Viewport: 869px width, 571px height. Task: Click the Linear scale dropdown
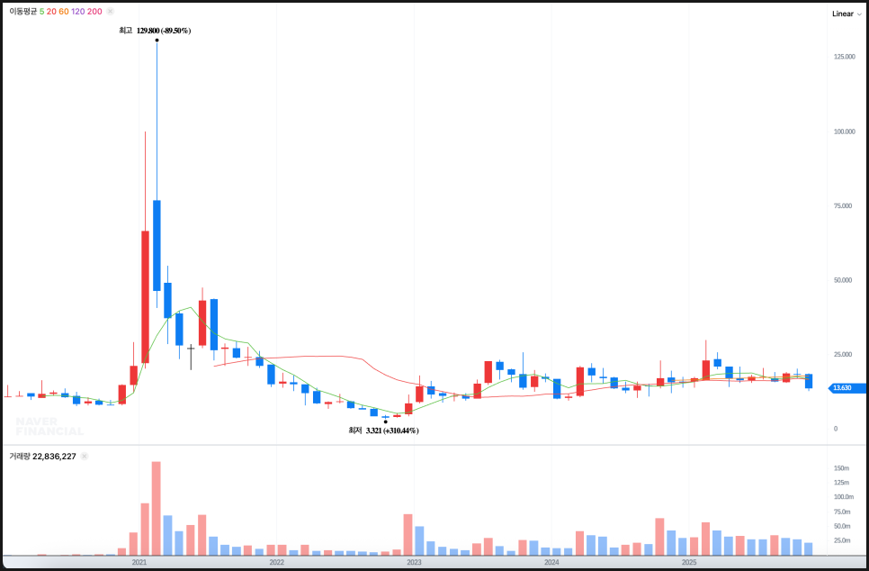click(846, 14)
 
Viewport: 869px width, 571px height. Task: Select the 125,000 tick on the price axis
click(843, 57)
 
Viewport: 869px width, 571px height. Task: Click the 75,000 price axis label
click(844, 205)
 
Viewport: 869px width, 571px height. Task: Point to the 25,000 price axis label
click(844, 354)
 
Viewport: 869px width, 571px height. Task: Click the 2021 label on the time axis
click(139, 562)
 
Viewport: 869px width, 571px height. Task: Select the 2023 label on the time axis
click(414, 562)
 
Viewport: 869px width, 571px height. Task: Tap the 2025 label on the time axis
click(688, 562)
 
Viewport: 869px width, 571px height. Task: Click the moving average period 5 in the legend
click(41, 12)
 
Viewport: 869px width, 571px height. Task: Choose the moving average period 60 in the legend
click(64, 12)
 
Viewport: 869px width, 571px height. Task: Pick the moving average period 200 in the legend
click(94, 12)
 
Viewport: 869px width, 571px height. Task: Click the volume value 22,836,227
click(56, 457)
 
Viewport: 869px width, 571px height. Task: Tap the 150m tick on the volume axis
click(842, 468)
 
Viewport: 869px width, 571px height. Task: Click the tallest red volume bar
click(157, 508)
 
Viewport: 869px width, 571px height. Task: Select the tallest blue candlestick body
click(157, 245)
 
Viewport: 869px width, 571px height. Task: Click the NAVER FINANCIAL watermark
click(49, 426)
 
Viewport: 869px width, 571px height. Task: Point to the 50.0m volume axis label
click(842, 526)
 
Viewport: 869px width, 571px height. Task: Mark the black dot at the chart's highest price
click(157, 40)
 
